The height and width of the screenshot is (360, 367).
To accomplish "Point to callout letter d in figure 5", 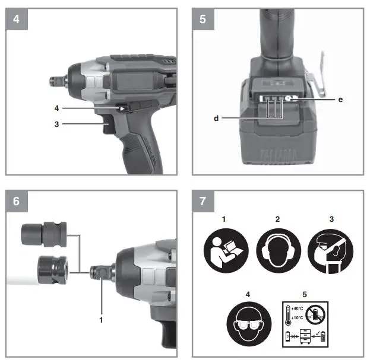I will point(216,119).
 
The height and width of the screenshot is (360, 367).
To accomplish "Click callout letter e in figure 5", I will point(340,100).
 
